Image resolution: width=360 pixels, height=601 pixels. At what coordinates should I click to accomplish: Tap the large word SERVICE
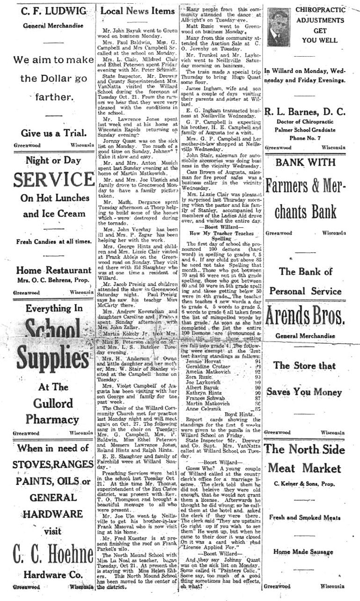[48, 180]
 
